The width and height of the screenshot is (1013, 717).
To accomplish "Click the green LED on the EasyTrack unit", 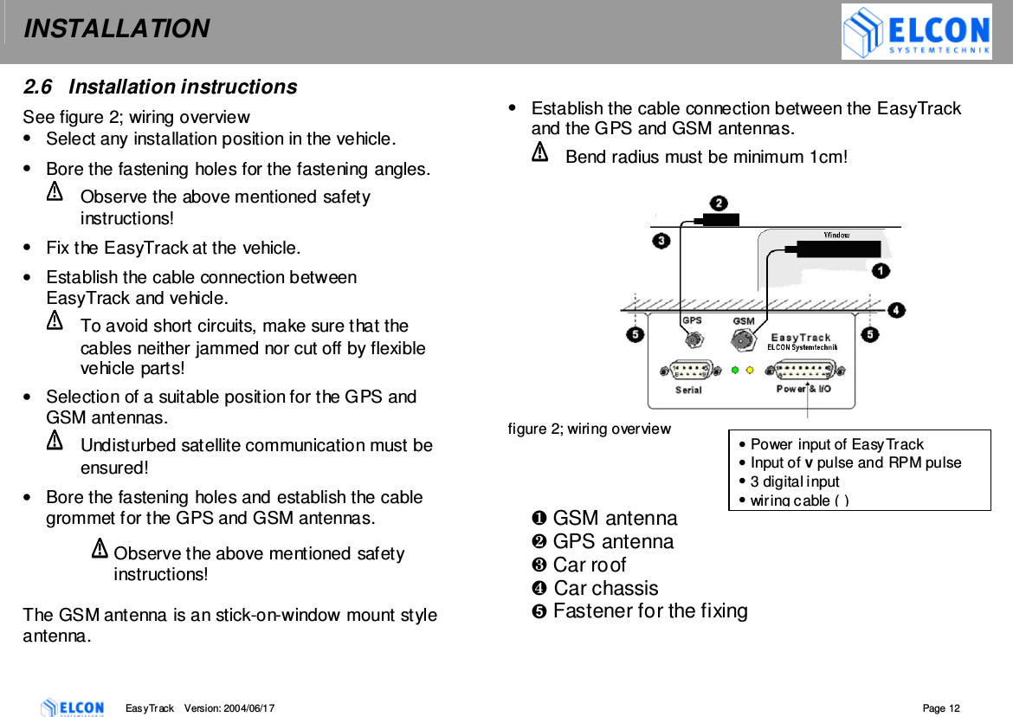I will click(736, 370).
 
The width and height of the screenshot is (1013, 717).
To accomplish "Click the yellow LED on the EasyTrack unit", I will click(750, 370).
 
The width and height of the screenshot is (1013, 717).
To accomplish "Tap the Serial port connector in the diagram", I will click(689, 370).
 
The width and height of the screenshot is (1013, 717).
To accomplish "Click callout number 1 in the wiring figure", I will click(880, 271).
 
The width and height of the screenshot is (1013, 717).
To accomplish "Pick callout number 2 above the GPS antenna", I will click(718, 203).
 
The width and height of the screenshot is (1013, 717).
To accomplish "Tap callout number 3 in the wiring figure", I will click(661, 240).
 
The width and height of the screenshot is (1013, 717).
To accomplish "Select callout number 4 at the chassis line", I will click(895, 309).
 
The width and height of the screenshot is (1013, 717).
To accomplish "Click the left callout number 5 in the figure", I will click(636, 334).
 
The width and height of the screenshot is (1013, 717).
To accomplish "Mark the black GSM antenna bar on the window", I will click(837, 249).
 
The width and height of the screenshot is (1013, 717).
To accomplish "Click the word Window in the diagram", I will click(836, 235).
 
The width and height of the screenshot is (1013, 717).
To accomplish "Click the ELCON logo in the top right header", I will click(916, 32).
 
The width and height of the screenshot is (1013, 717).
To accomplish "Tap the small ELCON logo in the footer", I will click(72, 707).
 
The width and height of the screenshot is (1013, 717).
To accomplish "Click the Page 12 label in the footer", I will click(941, 708).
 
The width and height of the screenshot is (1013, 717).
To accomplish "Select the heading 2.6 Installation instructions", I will click(159, 87).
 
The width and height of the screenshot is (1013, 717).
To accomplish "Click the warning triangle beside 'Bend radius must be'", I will click(539, 154).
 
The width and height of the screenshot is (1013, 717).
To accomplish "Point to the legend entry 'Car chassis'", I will click(605, 588).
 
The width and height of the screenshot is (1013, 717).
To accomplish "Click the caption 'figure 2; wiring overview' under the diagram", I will click(589, 429).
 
